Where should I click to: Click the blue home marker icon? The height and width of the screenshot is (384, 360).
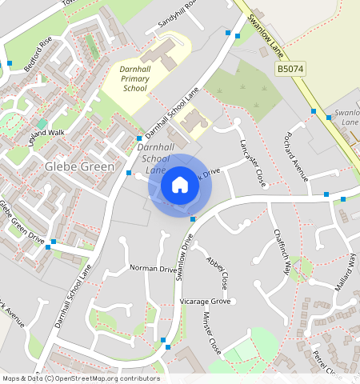(x=180, y=185)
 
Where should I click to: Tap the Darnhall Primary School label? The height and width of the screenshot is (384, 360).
(x=134, y=79)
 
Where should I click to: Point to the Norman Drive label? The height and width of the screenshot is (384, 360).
(x=153, y=270)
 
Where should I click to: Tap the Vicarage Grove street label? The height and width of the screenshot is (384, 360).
(x=205, y=301)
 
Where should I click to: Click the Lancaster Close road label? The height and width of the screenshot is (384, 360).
(x=253, y=162)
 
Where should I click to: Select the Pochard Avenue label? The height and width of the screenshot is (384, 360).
(x=291, y=156)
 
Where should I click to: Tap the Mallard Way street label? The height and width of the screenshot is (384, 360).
(x=346, y=274)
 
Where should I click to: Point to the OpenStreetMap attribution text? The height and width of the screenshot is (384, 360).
(x=80, y=378)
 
